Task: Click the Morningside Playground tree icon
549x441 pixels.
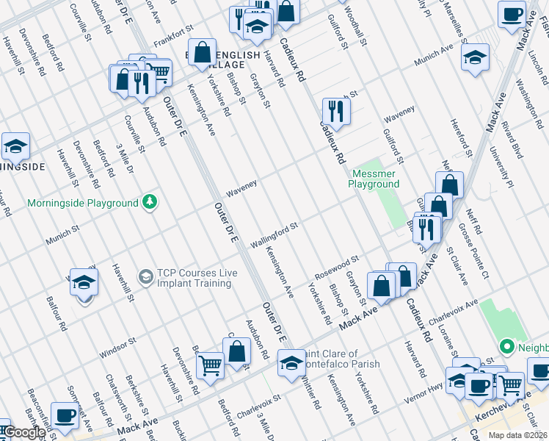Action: click(x=150, y=202)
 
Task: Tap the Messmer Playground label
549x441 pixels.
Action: click(x=375, y=179)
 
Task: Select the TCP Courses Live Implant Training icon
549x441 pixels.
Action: click(x=145, y=277)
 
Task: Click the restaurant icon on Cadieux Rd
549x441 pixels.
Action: click(x=335, y=112)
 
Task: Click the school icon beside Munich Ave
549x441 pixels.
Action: click(x=475, y=57)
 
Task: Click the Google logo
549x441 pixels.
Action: click(x=24, y=432)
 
